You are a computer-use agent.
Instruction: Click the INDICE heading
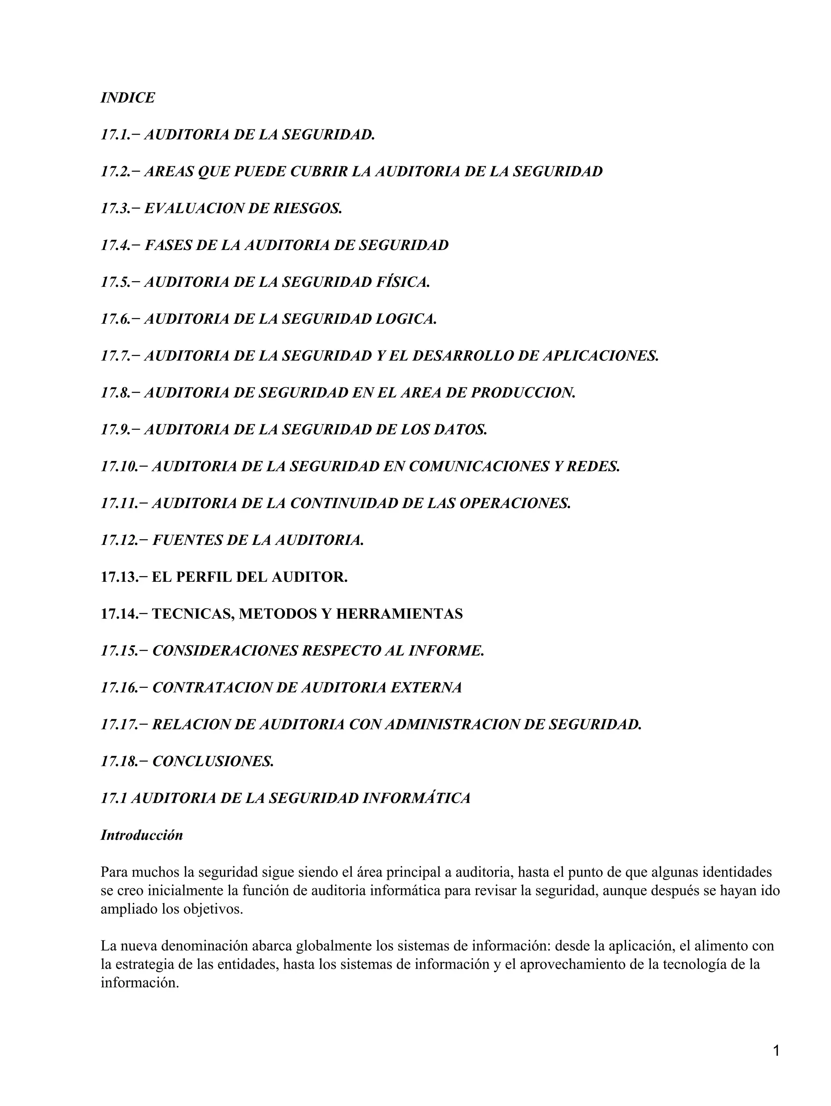pos(127,97)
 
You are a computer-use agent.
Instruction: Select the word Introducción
pos(142,835)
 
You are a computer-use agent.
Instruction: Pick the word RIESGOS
pos(308,209)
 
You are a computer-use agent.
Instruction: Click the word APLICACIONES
pos(601,356)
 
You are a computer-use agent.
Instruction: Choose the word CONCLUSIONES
pos(213,761)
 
